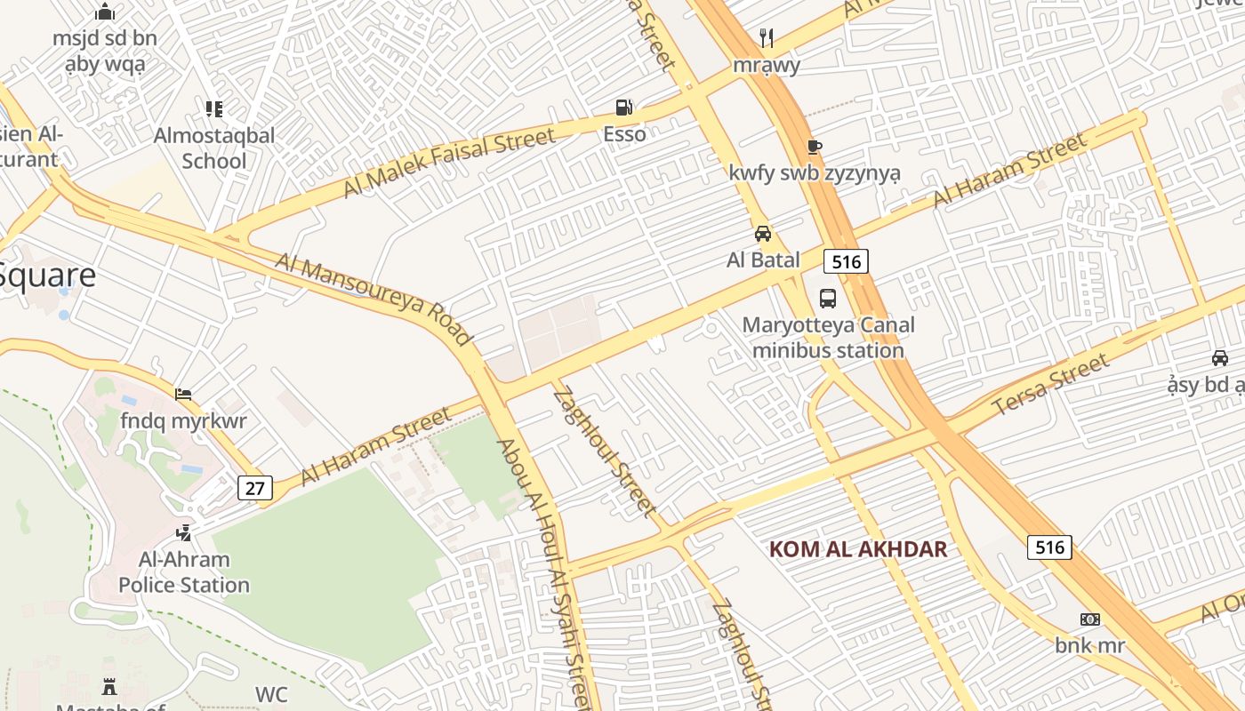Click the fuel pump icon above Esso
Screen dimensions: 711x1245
[x=624, y=108]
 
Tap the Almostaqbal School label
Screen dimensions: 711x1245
[x=214, y=148]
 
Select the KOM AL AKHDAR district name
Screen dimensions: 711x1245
[x=858, y=549]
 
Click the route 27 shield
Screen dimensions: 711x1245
[x=255, y=487]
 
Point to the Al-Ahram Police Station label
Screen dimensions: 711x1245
[x=184, y=572]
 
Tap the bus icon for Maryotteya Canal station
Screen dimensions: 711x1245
[x=828, y=298]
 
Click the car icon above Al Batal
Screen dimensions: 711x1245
[x=763, y=234]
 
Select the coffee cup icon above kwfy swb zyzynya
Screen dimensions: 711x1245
[x=814, y=147]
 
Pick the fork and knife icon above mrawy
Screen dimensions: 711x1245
[x=767, y=38]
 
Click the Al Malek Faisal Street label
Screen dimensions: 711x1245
[x=449, y=162]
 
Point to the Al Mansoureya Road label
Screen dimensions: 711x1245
[x=373, y=299]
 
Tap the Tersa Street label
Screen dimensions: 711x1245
[x=1050, y=384]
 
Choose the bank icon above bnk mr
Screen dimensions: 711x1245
[x=1090, y=619]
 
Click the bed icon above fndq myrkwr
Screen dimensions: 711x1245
[x=184, y=395]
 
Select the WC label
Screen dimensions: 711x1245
[x=271, y=694]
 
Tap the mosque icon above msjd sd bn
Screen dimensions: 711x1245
[x=105, y=12]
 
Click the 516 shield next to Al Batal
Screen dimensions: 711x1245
[x=845, y=261]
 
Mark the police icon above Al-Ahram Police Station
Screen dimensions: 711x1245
[x=184, y=533]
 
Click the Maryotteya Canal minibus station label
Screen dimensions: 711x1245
[x=828, y=338]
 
